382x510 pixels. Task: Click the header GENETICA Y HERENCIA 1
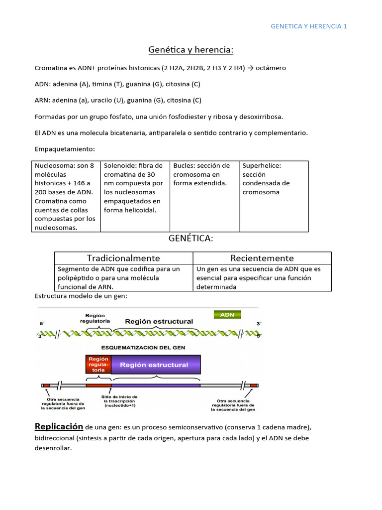(x=308, y=26)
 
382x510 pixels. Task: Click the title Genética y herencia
(x=191, y=50)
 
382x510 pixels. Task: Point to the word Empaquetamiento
(x=65, y=149)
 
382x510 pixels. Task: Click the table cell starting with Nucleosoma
(x=66, y=196)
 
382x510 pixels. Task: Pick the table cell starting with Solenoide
(x=135, y=188)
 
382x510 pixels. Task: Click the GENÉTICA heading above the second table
(x=191, y=239)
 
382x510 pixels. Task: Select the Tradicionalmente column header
(x=123, y=258)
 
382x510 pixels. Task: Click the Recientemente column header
(x=262, y=258)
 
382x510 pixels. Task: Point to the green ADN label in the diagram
(x=227, y=314)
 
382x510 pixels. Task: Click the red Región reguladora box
(x=98, y=364)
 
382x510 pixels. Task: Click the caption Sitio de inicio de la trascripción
(x=120, y=401)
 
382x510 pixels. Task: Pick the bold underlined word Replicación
(x=59, y=426)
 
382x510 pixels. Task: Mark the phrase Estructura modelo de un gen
(x=81, y=296)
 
